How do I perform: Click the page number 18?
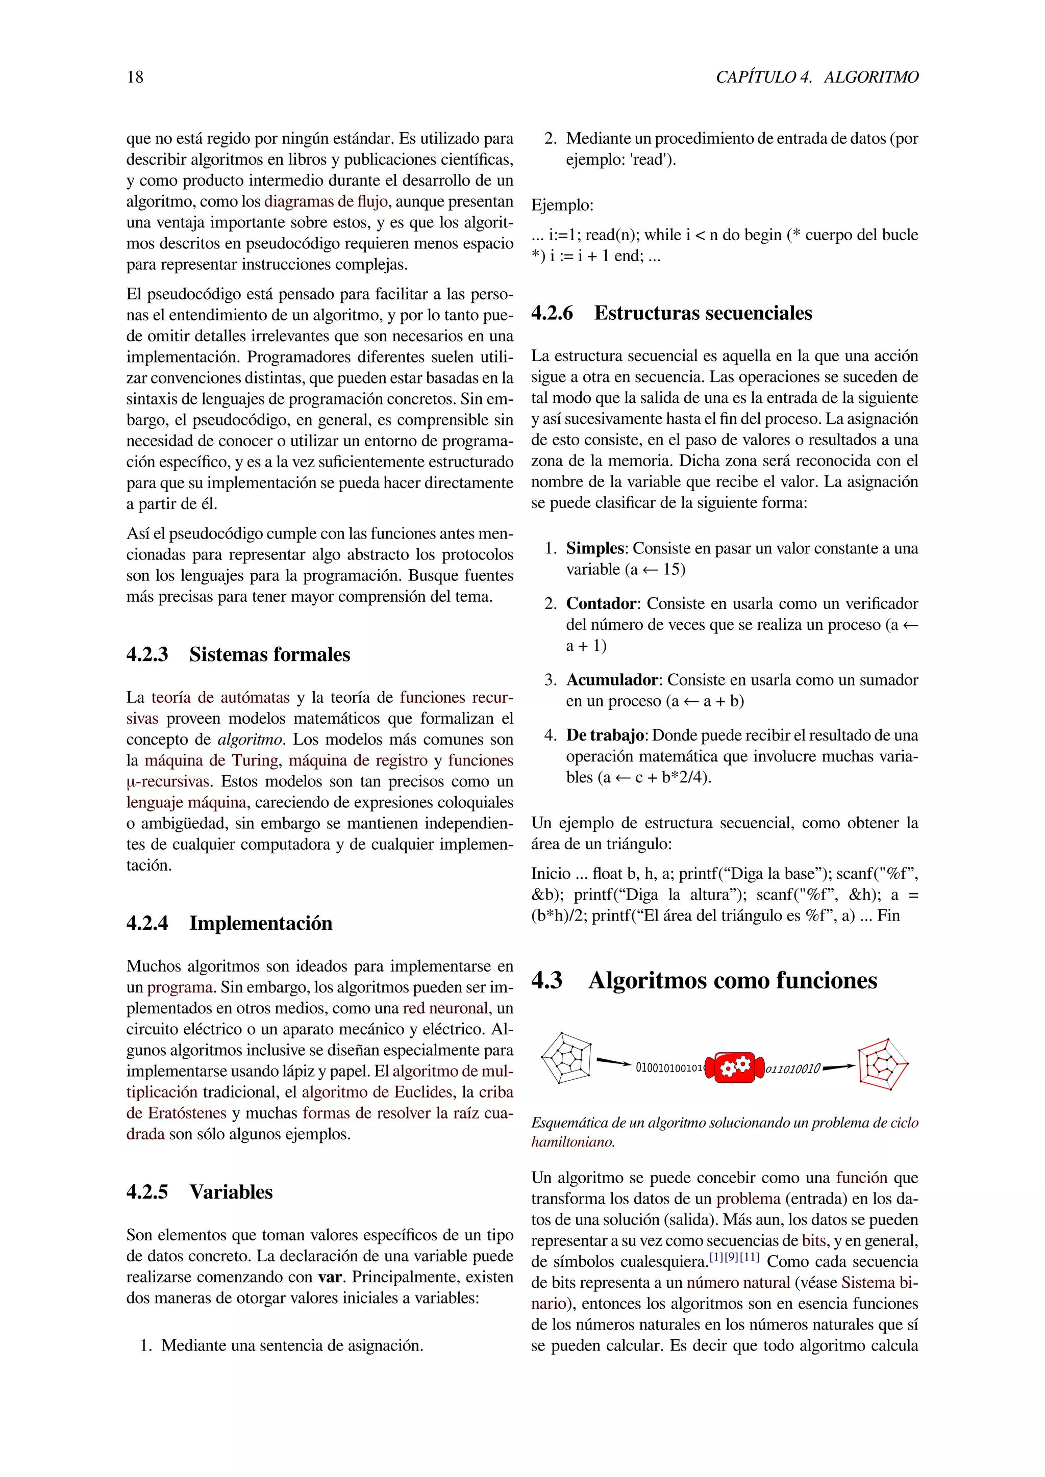(135, 77)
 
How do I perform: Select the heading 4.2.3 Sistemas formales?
(238, 654)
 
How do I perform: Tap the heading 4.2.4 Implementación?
(229, 923)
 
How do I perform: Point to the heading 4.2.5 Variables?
(200, 1192)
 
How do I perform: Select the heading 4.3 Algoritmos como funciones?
(704, 980)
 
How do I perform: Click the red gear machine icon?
(734, 1068)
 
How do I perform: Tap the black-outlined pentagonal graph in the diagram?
(566, 1058)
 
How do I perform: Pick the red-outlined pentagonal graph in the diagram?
(882, 1064)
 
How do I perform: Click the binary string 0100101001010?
(670, 1068)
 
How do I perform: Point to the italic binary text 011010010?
(793, 1069)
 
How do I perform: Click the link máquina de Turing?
(211, 760)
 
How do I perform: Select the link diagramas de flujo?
(326, 201)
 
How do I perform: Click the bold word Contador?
(601, 603)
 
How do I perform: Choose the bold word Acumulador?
(612, 680)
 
